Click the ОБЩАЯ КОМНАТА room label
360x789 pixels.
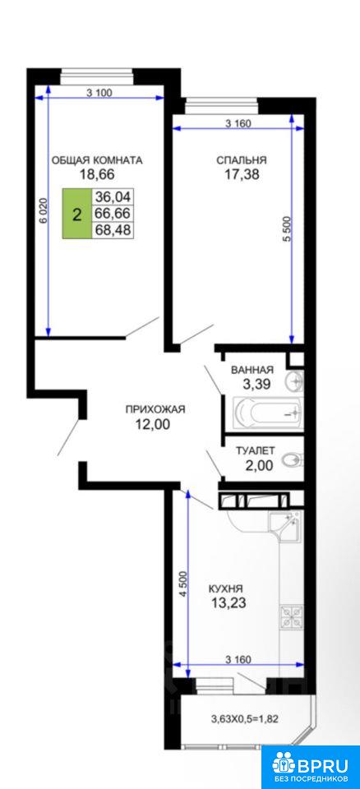click(97, 160)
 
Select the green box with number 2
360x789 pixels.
click(76, 214)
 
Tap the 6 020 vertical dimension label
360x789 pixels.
click(44, 210)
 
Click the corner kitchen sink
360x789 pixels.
click(285, 528)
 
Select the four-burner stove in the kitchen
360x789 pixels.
click(292, 617)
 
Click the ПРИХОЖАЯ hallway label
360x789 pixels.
click(155, 409)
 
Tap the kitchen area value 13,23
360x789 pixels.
click(228, 602)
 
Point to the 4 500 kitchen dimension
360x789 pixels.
click(183, 584)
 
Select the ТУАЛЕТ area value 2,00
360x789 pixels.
click(258, 466)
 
